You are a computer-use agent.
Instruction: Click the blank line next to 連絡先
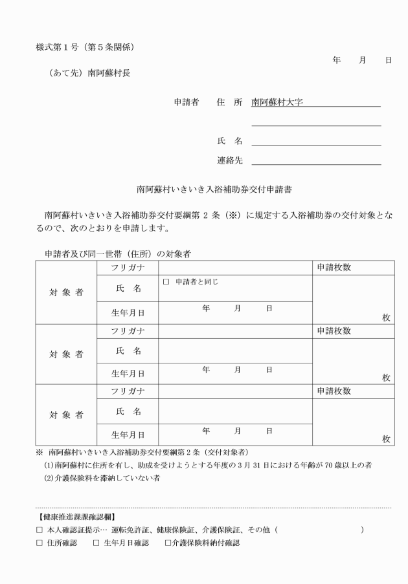(x=315, y=161)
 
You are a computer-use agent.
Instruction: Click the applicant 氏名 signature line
(x=315, y=142)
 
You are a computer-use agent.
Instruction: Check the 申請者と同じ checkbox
(x=166, y=282)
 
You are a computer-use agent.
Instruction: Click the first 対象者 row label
(x=67, y=292)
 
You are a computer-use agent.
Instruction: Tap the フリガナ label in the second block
(x=128, y=330)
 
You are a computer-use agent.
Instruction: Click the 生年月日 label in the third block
(x=128, y=435)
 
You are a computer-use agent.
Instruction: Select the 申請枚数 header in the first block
(x=334, y=268)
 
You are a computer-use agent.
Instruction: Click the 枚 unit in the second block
(x=386, y=378)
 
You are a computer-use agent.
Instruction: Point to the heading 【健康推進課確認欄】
(x=69, y=517)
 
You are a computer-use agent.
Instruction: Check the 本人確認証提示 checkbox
(x=40, y=530)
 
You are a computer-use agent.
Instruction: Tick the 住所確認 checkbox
(x=40, y=543)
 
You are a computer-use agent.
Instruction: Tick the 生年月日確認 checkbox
(x=96, y=543)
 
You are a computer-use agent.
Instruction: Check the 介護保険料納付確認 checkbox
(x=168, y=543)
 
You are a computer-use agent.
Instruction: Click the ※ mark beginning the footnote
(x=40, y=452)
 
